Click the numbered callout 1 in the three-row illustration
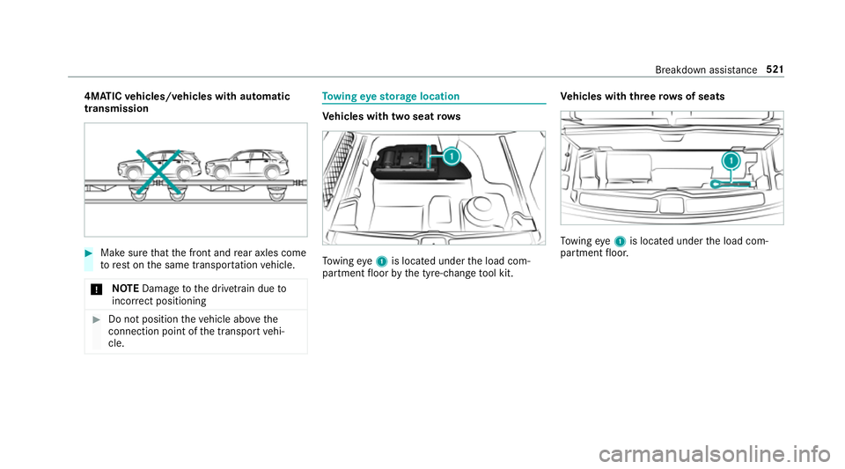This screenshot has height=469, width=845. click(x=730, y=161)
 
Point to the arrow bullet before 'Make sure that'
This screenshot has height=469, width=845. click(x=91, y=254)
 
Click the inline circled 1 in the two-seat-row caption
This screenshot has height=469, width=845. click(x=376, y=261)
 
